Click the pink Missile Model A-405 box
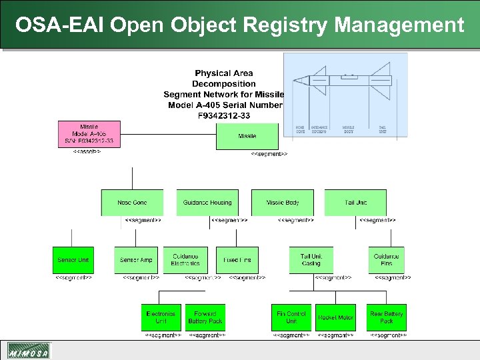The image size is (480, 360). [89, 135]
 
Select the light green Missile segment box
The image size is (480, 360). [247, 136]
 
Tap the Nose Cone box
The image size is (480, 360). [132, 203]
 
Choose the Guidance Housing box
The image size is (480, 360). [207, 203]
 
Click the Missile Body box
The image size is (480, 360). [283, 203]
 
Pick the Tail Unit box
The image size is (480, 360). [355, 203]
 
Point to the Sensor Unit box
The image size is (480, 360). [73, 260]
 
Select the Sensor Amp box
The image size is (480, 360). [136, 260]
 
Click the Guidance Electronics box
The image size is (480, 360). [185, 260]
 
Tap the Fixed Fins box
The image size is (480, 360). [237, 260]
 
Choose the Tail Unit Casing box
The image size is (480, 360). [311, 260]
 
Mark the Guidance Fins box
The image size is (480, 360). [386, 260]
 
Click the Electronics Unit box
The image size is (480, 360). [161, 317]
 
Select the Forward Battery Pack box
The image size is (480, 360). [205, 317]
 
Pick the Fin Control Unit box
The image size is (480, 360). [291, 317]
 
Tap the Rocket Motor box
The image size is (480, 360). [335, 317]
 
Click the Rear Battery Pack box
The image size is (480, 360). [387, 317]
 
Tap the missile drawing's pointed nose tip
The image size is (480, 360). [293, 81]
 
